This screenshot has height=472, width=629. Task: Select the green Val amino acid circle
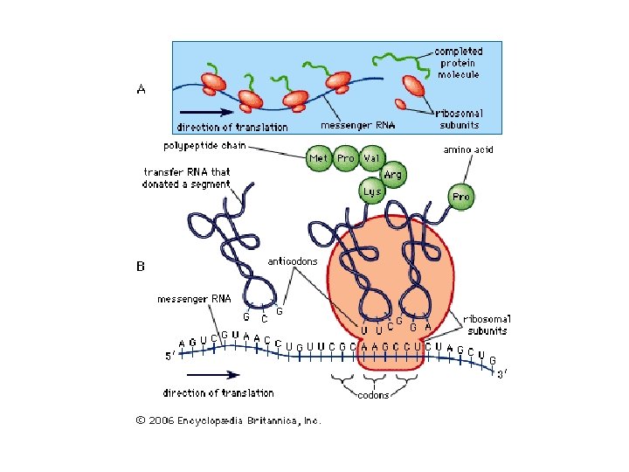point(371,158)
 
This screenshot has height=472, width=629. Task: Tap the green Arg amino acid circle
point(393,176)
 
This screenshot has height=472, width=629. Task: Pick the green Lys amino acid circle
point(372,191)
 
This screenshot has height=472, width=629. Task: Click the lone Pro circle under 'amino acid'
point(460,197)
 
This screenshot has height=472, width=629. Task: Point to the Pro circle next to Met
point(345,158)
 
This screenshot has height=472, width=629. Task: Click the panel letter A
point(141,89)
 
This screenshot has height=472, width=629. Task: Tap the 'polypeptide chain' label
point(204,144)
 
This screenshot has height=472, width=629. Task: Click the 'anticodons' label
point(292,261)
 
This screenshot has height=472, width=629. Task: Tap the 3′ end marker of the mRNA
point(501,375)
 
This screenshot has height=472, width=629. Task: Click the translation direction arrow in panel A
point(206,112)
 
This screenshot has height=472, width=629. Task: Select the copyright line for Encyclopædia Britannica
point(228,420)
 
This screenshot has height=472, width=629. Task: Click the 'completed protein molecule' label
point(458,63)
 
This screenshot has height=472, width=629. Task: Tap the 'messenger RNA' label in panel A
point(357,125)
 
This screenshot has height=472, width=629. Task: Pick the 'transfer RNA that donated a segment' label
point(186,178)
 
